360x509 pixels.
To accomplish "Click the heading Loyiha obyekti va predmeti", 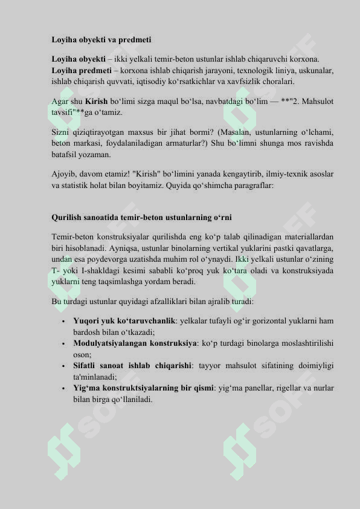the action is (x=101, y=40).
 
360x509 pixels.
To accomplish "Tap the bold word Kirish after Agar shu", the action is (x=96, y=101).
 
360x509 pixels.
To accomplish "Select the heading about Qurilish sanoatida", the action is (x=141, y=217).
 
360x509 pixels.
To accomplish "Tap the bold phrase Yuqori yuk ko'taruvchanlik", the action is (x=124, y=320).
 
